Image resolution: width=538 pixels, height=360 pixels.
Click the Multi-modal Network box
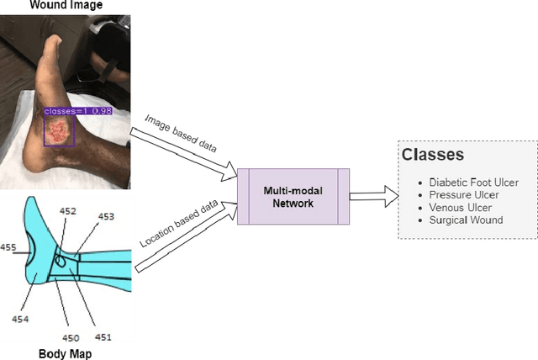coord(291,196)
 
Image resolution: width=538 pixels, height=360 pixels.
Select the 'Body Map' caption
coord(65,353)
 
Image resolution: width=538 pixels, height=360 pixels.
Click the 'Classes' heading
coord(432,156)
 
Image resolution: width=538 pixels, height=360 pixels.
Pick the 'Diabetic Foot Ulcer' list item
coord(473,182)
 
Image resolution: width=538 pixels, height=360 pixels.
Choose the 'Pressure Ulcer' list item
coord(463,195)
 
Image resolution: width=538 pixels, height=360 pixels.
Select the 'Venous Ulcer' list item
coord(460,208)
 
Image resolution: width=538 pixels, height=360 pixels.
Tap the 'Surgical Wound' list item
coord(466,220)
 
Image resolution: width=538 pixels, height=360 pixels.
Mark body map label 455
coord(8,247)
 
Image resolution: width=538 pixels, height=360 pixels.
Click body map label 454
coord(20,319)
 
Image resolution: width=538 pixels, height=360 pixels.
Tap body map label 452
coord(68,211)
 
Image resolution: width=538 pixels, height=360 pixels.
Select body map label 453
coord(106,216)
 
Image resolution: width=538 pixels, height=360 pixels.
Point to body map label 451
coord(102,337)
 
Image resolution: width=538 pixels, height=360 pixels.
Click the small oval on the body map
coord(61,262)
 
